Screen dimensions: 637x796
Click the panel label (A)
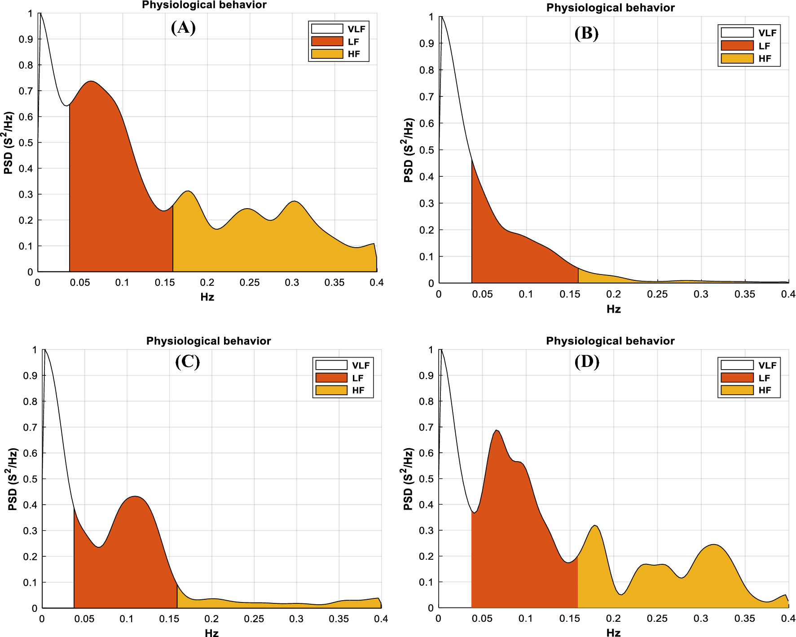coord(183,28)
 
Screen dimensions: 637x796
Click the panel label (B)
coord(586,34)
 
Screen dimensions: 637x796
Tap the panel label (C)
coord(187,362)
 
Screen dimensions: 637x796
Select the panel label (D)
coord(587,362)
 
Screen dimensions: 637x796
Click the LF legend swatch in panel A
coord(327,41)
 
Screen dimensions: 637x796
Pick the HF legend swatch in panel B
coord(737,58)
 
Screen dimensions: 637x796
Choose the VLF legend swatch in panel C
coord(331,365)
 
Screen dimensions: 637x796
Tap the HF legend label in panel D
coord(765,390)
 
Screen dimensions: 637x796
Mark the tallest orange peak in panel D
coord(497,431)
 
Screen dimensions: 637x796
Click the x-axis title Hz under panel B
coord(613,309)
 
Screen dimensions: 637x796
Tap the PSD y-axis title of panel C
coord(13,479)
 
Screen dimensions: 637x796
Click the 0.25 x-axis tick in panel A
coord(250,283)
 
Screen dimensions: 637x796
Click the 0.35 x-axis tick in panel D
coord(744,619)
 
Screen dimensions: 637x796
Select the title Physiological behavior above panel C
coord(208,341)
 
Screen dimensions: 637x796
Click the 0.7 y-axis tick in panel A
coord(26,91)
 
